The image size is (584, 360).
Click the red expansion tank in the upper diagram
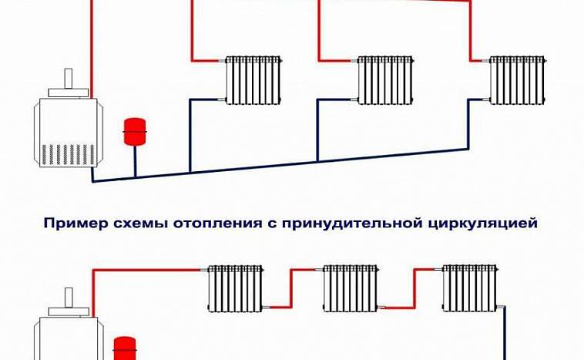tap(136, 130)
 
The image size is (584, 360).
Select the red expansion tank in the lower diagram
tap(123, 348)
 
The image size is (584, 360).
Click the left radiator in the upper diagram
tap(252, 78)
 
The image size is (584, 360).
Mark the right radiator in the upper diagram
tap(518, 78)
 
